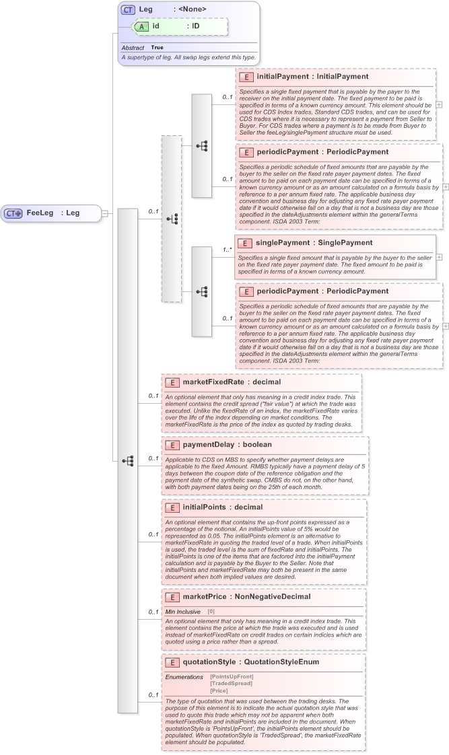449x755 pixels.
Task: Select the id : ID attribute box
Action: point(180,26)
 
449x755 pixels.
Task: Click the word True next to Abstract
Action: point(157,48)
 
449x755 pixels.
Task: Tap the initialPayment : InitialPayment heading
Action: point(312,77)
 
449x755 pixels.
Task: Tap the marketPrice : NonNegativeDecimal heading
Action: point(237,596)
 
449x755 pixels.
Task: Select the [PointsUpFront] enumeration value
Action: point(232,676)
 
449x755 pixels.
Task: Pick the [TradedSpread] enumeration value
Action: point(231,684)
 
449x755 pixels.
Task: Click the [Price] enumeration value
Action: point(219,691)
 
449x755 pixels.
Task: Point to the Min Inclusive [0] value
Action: point(211,611)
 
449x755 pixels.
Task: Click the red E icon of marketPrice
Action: point(172,597)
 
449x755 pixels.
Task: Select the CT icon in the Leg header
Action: point(128,9)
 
